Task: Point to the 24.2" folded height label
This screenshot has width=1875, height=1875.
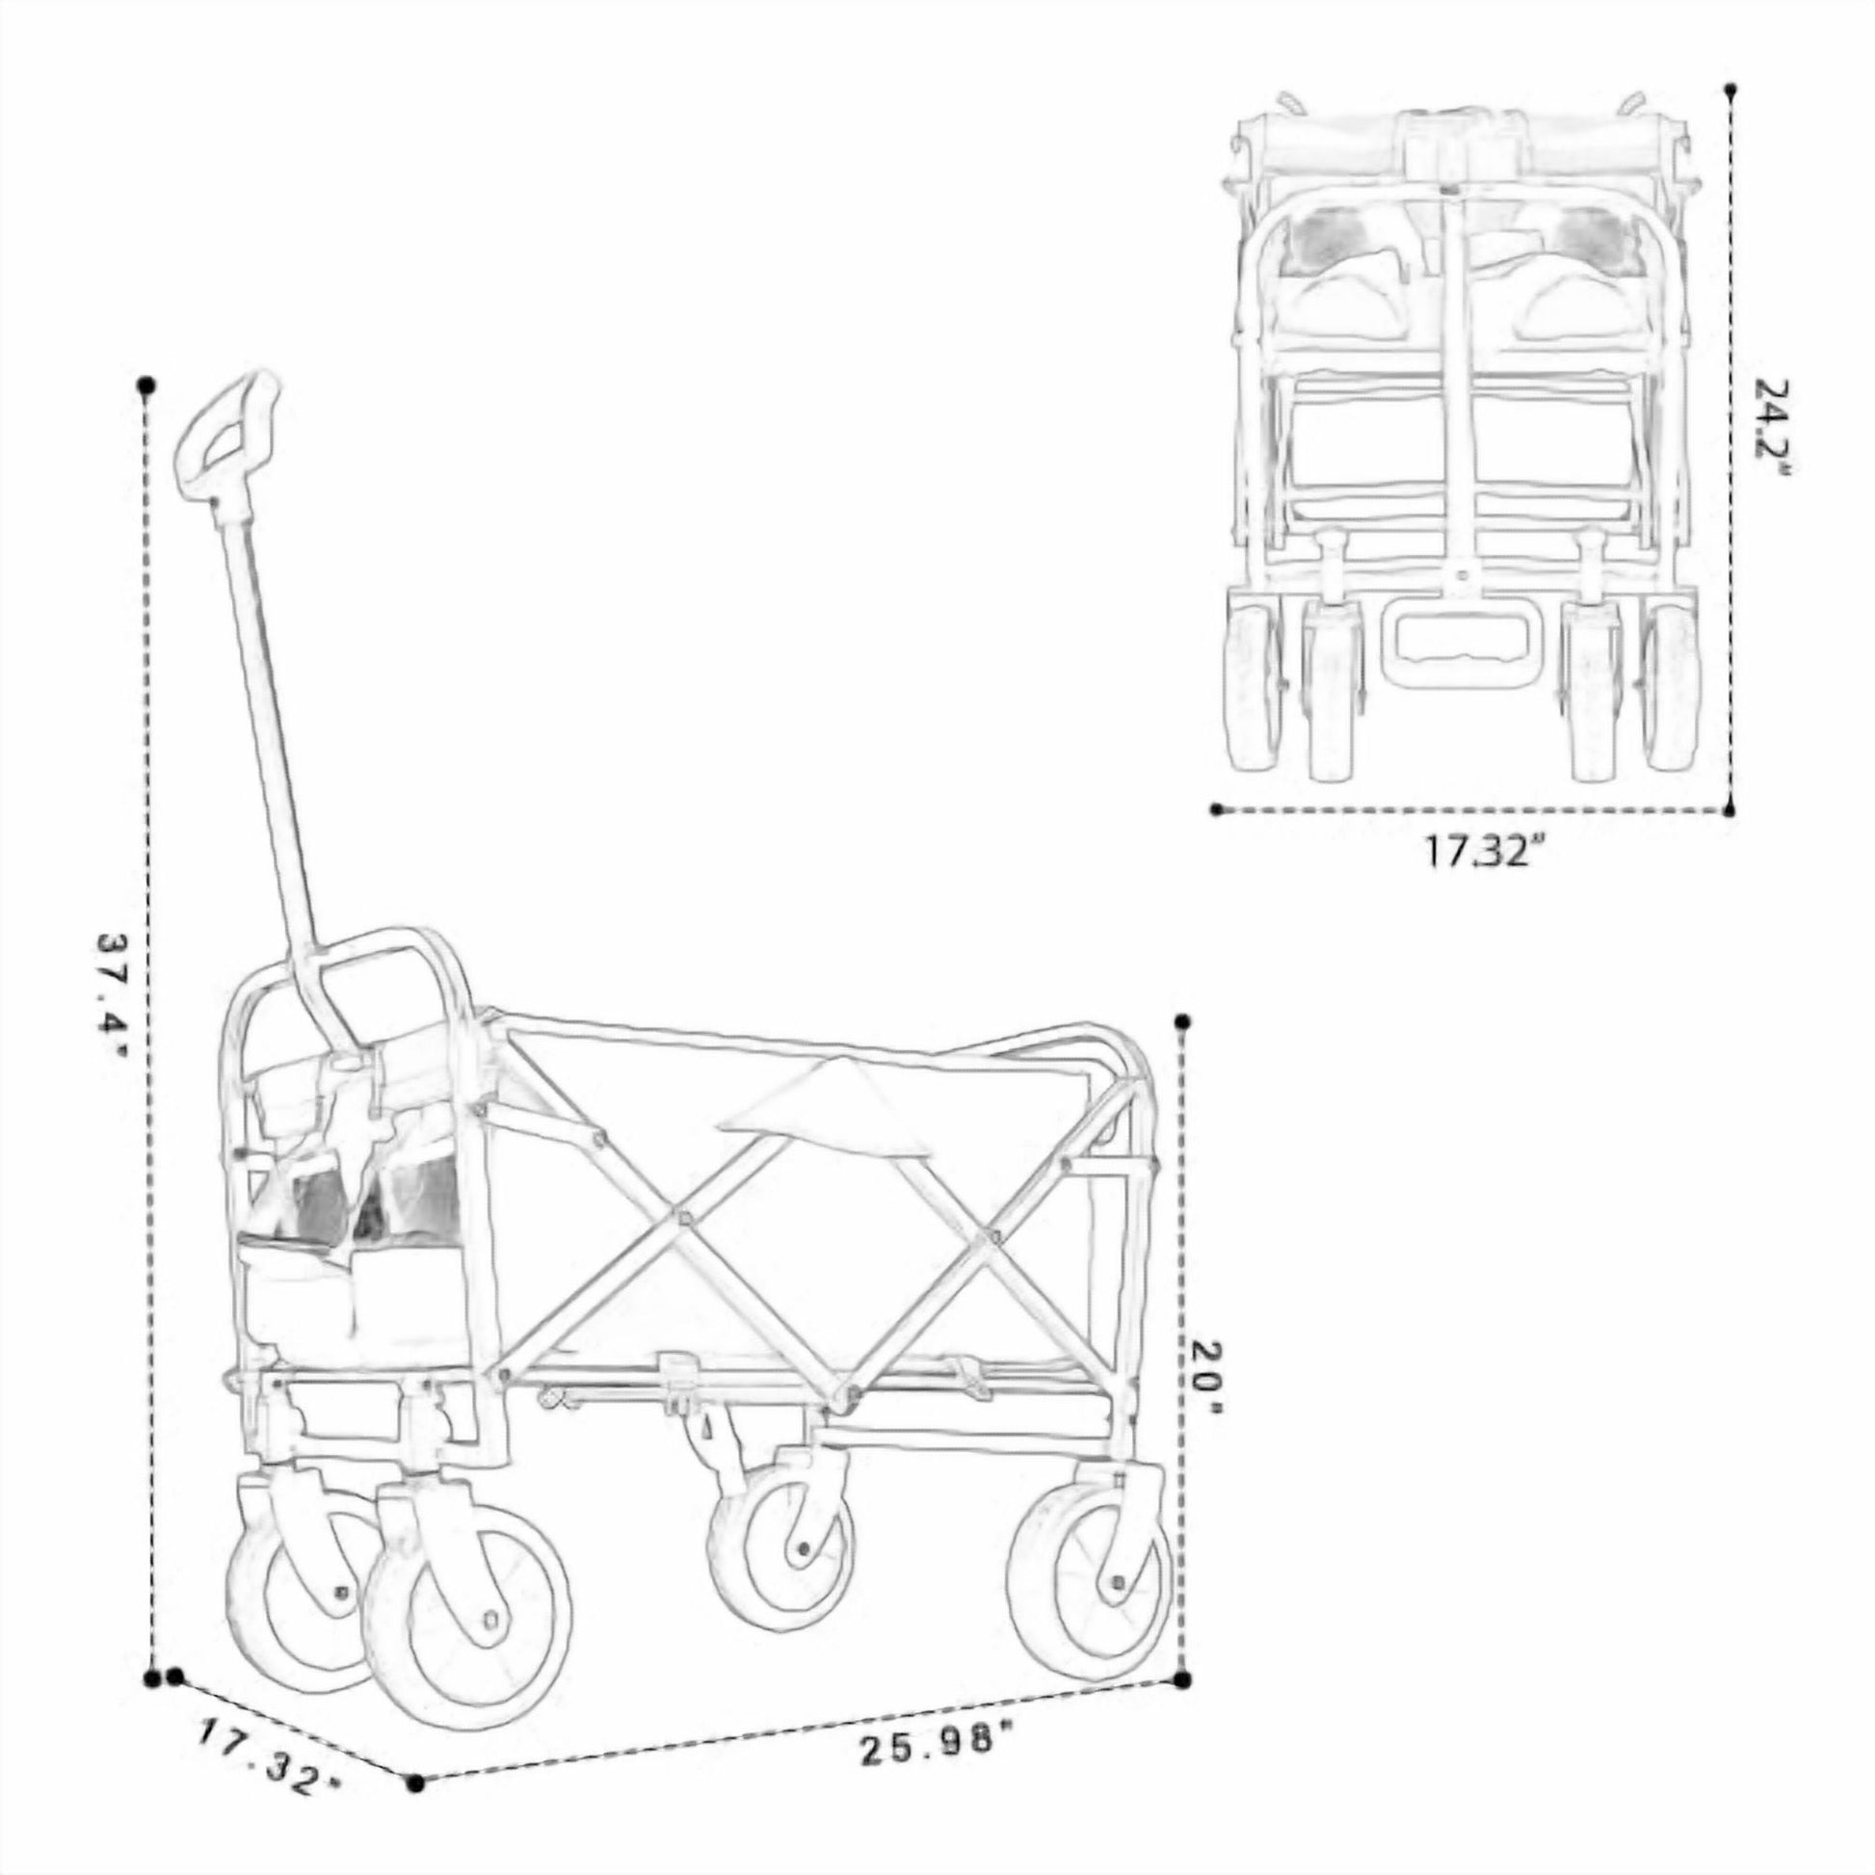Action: [x=1771, y=426]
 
